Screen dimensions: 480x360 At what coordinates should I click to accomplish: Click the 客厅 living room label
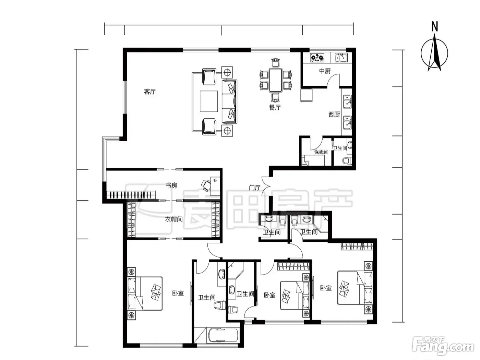pyautogui.click(x=150, y=91)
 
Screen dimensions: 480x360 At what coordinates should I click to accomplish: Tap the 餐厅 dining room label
pyautogui.click(x=275, y=107)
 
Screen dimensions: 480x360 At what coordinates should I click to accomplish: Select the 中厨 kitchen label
pyautogui.click(x=325, y=71)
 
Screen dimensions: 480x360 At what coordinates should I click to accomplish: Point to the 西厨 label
pyautogui.click(x=334, y=114)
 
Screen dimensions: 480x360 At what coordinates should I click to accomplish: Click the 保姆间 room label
pyautogui.click(x=321, y=152)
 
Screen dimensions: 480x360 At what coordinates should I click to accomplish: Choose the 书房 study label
pyautogui.click(x=171, y=185)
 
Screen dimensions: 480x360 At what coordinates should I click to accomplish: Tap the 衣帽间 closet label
pyautogui.click(x=173, y=219)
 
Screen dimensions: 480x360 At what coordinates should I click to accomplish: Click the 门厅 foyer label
pyautogui.click(x=255, y=188)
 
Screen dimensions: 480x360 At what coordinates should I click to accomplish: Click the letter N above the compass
pyautogui.click(x=434, y=27)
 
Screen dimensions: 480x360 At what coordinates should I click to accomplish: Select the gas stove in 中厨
pyautogui.click(x=317, y=58)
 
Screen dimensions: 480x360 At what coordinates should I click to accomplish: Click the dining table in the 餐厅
pyautogui.click(x=275, y=80)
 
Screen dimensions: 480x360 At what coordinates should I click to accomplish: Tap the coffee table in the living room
pyautogui.click(x=208, y=101)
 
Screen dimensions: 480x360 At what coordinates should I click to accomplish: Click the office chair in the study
pyautogui.click(x=206, y=185)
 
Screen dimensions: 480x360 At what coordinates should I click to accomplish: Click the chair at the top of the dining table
pyautogui.click(x=276, y=62)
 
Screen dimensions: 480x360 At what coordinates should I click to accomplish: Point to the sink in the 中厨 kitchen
pyautogui.click(x=341, y=58)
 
